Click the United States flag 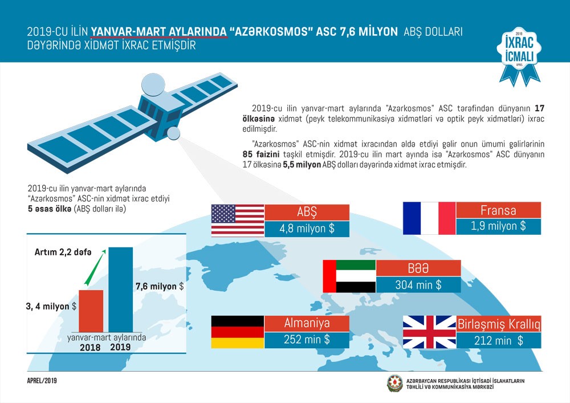point(238,221)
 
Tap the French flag point(429,218)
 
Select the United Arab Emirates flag point(349,276)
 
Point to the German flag point(238,332)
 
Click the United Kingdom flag point(429,332)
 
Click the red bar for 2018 point(91,311)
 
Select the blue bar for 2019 point(121,290)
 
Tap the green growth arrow point(95,267)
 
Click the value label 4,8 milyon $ point(307,229)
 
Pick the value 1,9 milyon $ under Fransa point(498,226)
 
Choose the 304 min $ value point(418,285)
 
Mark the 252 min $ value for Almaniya point(307,339)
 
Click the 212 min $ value point(498,340)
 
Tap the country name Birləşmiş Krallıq point(498,324)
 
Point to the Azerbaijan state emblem point(395,384)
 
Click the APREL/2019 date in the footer point(42,380)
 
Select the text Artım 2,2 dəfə point(63,252)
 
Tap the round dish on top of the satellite point(153,85)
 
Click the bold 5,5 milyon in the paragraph point(302,165)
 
